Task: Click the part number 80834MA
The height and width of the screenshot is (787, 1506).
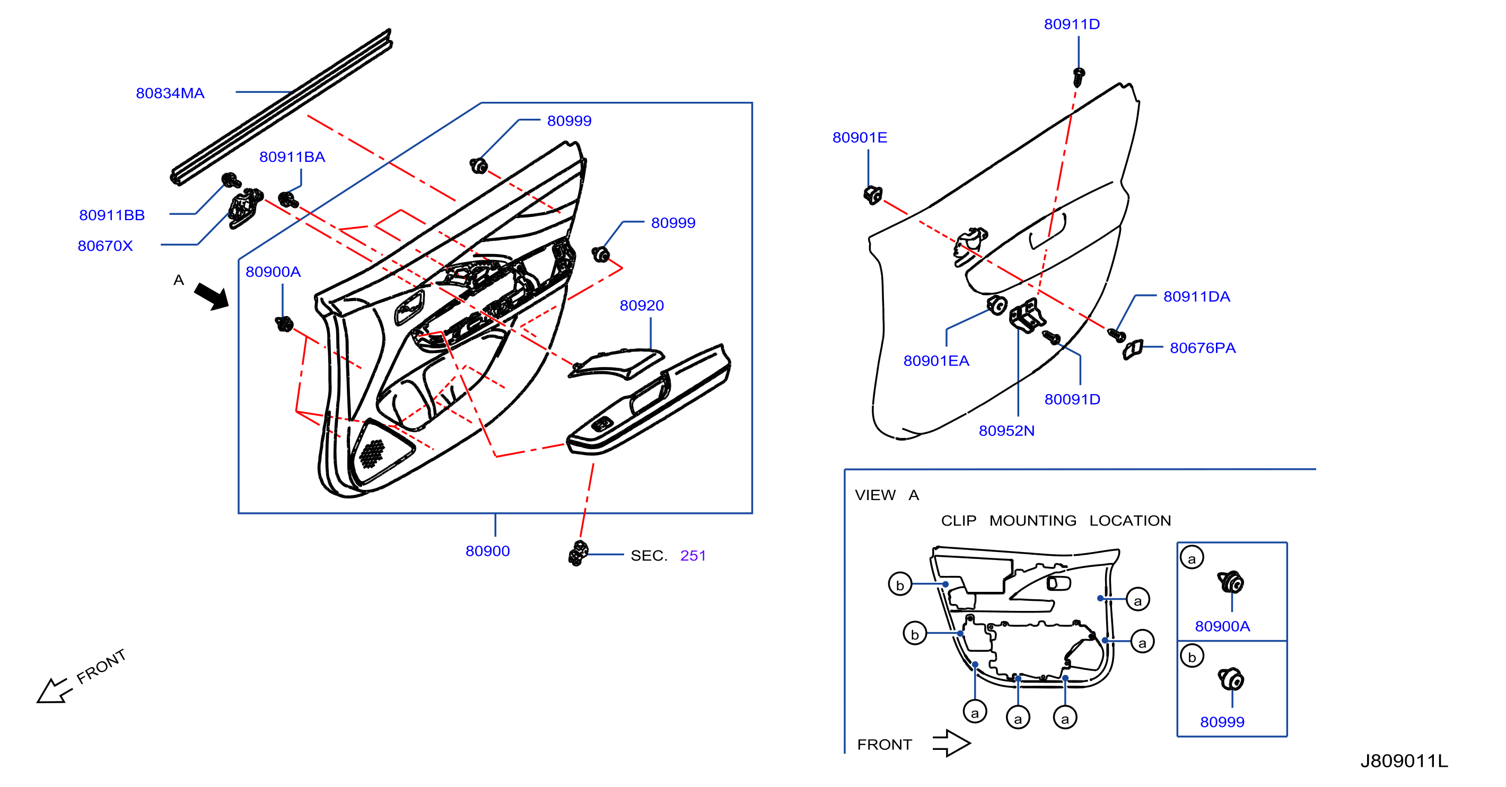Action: click(170, 93)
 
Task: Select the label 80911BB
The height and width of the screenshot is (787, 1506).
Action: click(112, 215)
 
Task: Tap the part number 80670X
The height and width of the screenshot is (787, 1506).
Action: click(105, 246)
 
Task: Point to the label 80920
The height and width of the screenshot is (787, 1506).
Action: click(641, 305)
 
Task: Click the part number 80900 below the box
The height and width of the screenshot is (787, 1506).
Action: click(487, 551)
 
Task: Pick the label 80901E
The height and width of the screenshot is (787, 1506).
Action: click(860, 137)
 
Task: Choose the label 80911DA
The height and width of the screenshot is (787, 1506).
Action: click(1197, 296)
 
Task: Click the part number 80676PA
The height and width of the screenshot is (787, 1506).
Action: click(1203, 348)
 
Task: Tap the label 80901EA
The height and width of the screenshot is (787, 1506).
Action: click(936, 361)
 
